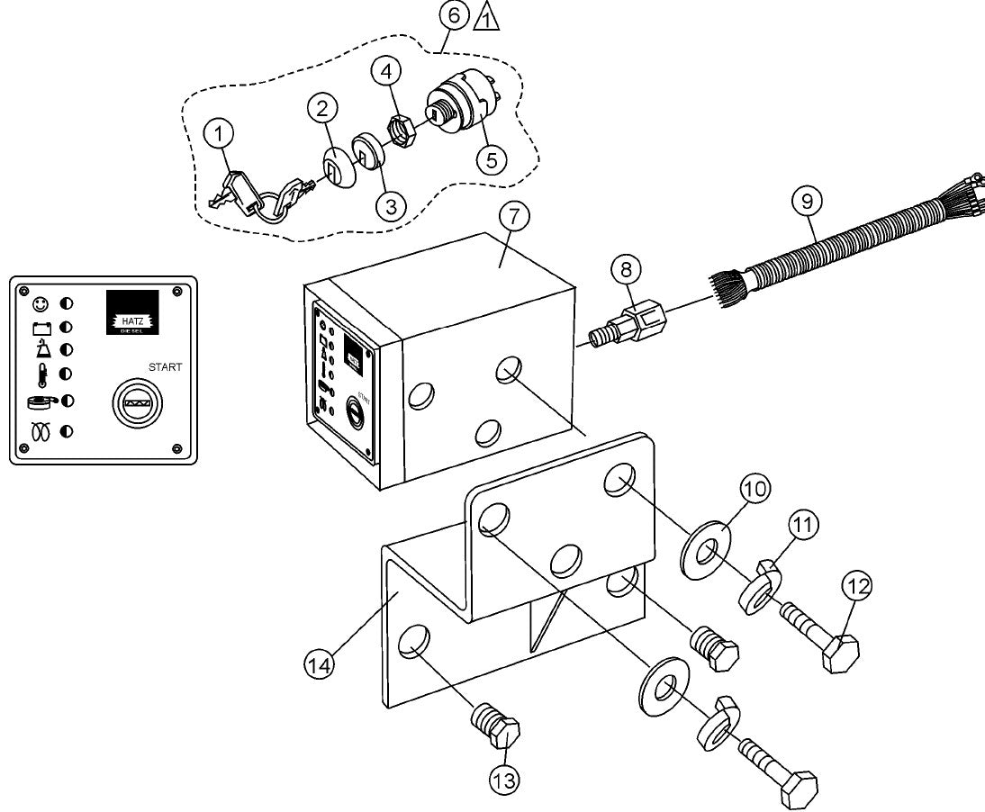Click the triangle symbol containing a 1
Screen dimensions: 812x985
486,17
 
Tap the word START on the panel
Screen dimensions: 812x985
166,367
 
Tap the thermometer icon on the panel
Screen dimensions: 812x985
41,373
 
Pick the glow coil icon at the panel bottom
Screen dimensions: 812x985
41,432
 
